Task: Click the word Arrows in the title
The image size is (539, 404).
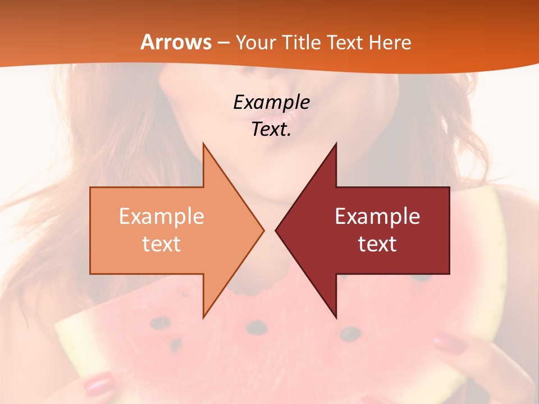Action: pos(176,42)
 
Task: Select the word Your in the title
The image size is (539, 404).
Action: pos(254,43)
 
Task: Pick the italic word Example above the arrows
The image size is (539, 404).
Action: pos(272,103)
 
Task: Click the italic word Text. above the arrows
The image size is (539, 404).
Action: pos(272,129)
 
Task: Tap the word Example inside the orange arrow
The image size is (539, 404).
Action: pos(162,217)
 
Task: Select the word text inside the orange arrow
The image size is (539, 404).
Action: pos(162,244)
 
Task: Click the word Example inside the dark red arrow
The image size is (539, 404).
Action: pos(377,217)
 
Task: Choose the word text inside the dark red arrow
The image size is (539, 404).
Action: pos(377,244)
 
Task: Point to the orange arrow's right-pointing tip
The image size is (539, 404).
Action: pos(263,230)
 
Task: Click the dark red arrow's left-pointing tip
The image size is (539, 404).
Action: pos(276,230)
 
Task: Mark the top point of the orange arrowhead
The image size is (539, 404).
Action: pos(204,144)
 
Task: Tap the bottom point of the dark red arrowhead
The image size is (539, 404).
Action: pos(336,316)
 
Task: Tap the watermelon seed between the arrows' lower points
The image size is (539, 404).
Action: pos(257,327)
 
